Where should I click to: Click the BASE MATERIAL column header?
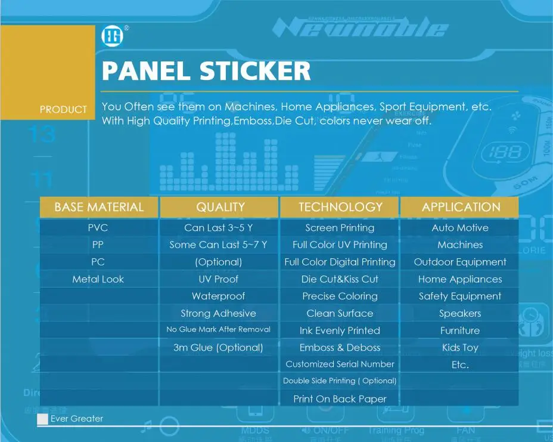pyautogui.click(x=99, y=207)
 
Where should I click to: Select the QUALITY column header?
pyautogui.click(x=220, y=207)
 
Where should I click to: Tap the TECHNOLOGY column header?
pyautogui.click(x=340, y=207)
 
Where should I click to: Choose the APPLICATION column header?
pyautogui.click(x=461, y=207)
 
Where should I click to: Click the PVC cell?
pyautogui.click(x=98, y=228)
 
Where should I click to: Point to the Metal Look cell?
pyautogui.click(x=98, y=279)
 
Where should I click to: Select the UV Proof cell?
pyautogui.click(x=218, y=279)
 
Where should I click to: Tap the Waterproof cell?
pyautogui.click(x=218, y=296)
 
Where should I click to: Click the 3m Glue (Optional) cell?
pyautogui.click(x=218, y=348)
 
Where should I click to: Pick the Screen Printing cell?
pyautogui.click(x=340, y=228)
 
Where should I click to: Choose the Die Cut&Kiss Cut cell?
pyautogui.click(x=340, y=279)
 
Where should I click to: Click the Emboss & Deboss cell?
pyautogui.click(x=340, y=348)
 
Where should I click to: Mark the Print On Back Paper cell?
pyautogui.click(x=340, y=399)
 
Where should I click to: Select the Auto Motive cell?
pyautogui.click(x=460, y=228)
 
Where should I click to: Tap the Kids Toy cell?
pyautogui.click(x=460, y=348)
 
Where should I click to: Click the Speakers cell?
pyautogui.click(x=460, y=314)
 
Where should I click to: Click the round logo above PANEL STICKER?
pyautogui.click(x=111, y=37)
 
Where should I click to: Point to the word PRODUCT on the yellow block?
pyautogui.click(x=63, y=110)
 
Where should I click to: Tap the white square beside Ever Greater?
pyautogui.click(x=42, y=419)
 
